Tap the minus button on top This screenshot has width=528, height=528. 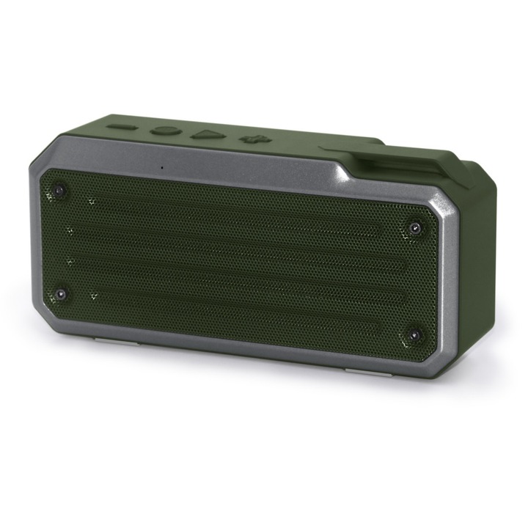pyautogui.click(x=122, y=127)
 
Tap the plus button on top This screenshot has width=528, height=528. pyautogui.click(x=252, y=139)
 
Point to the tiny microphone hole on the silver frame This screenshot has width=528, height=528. pyautogui.click(x=162, y=166)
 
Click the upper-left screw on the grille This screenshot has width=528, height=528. pyautogui.click(x=59, y=190)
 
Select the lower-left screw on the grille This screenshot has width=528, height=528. pyautogui.click(x=61, y=294)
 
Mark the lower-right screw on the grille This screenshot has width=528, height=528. pyautogui.click(x=414, y=336)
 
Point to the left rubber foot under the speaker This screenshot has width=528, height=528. pyautogui.click(x=107, y=340)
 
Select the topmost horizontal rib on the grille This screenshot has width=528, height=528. pyautogui.click(x=235, y=213)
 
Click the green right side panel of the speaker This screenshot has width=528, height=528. pyautogui.click(x=477, y=271)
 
